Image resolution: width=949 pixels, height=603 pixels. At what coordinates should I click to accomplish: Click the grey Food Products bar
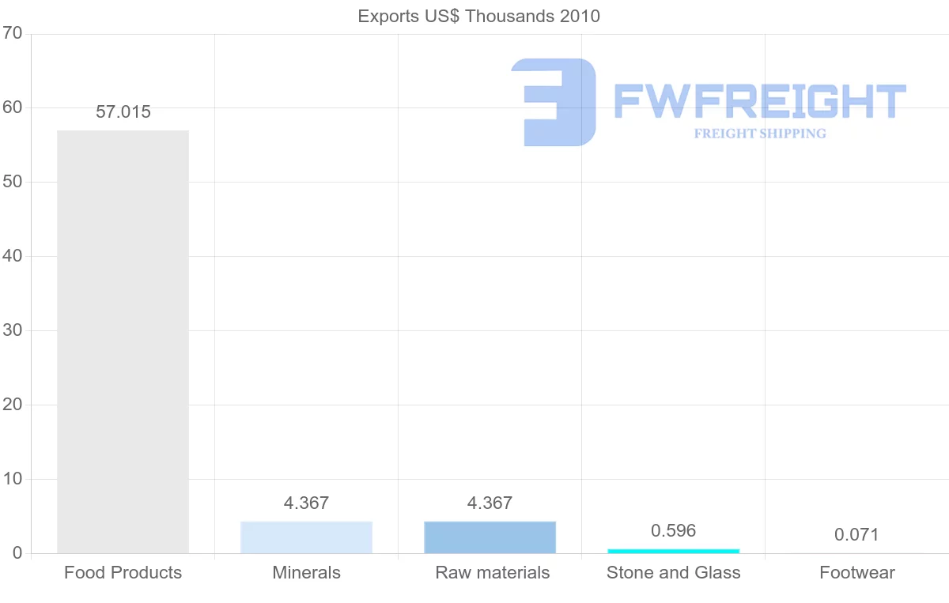click(123, 341)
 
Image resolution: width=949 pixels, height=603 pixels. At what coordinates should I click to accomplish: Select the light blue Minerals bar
click(306, 537)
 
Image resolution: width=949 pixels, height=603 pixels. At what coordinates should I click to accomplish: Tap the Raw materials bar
click(490, 537)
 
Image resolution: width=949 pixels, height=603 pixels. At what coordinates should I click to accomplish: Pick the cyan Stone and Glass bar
click(673, 551)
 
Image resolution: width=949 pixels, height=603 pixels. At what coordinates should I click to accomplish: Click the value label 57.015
click(123, 112)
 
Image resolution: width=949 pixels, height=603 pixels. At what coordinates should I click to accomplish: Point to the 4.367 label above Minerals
click(306, 503)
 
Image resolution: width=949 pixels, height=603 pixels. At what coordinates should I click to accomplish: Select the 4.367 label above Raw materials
click(490, 503)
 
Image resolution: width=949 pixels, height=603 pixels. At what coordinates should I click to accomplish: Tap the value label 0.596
click(673, 531)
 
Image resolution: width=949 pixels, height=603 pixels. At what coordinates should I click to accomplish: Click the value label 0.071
click(856, 535)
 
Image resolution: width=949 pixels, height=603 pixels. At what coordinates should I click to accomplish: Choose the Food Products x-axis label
click(123, 573)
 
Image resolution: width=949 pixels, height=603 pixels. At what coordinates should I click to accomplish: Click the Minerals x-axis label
click(306, 573)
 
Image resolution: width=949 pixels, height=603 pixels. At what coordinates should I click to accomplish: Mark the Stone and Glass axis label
click(673, 573)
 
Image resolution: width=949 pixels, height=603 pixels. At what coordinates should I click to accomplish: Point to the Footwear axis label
click(856, 573)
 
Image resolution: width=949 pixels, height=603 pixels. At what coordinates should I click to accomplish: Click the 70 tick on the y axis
click(13, 33)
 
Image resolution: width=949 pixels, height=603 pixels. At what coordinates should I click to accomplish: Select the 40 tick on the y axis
click(13, 256)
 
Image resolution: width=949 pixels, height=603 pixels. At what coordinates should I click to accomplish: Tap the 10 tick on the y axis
click(13, 479)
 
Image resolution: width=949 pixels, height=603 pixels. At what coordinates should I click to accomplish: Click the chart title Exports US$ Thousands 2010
click(478, 16)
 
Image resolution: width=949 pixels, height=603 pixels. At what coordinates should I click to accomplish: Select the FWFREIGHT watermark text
click(759, 101)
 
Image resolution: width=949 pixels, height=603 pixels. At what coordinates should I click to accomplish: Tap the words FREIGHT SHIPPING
click(759, 134)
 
